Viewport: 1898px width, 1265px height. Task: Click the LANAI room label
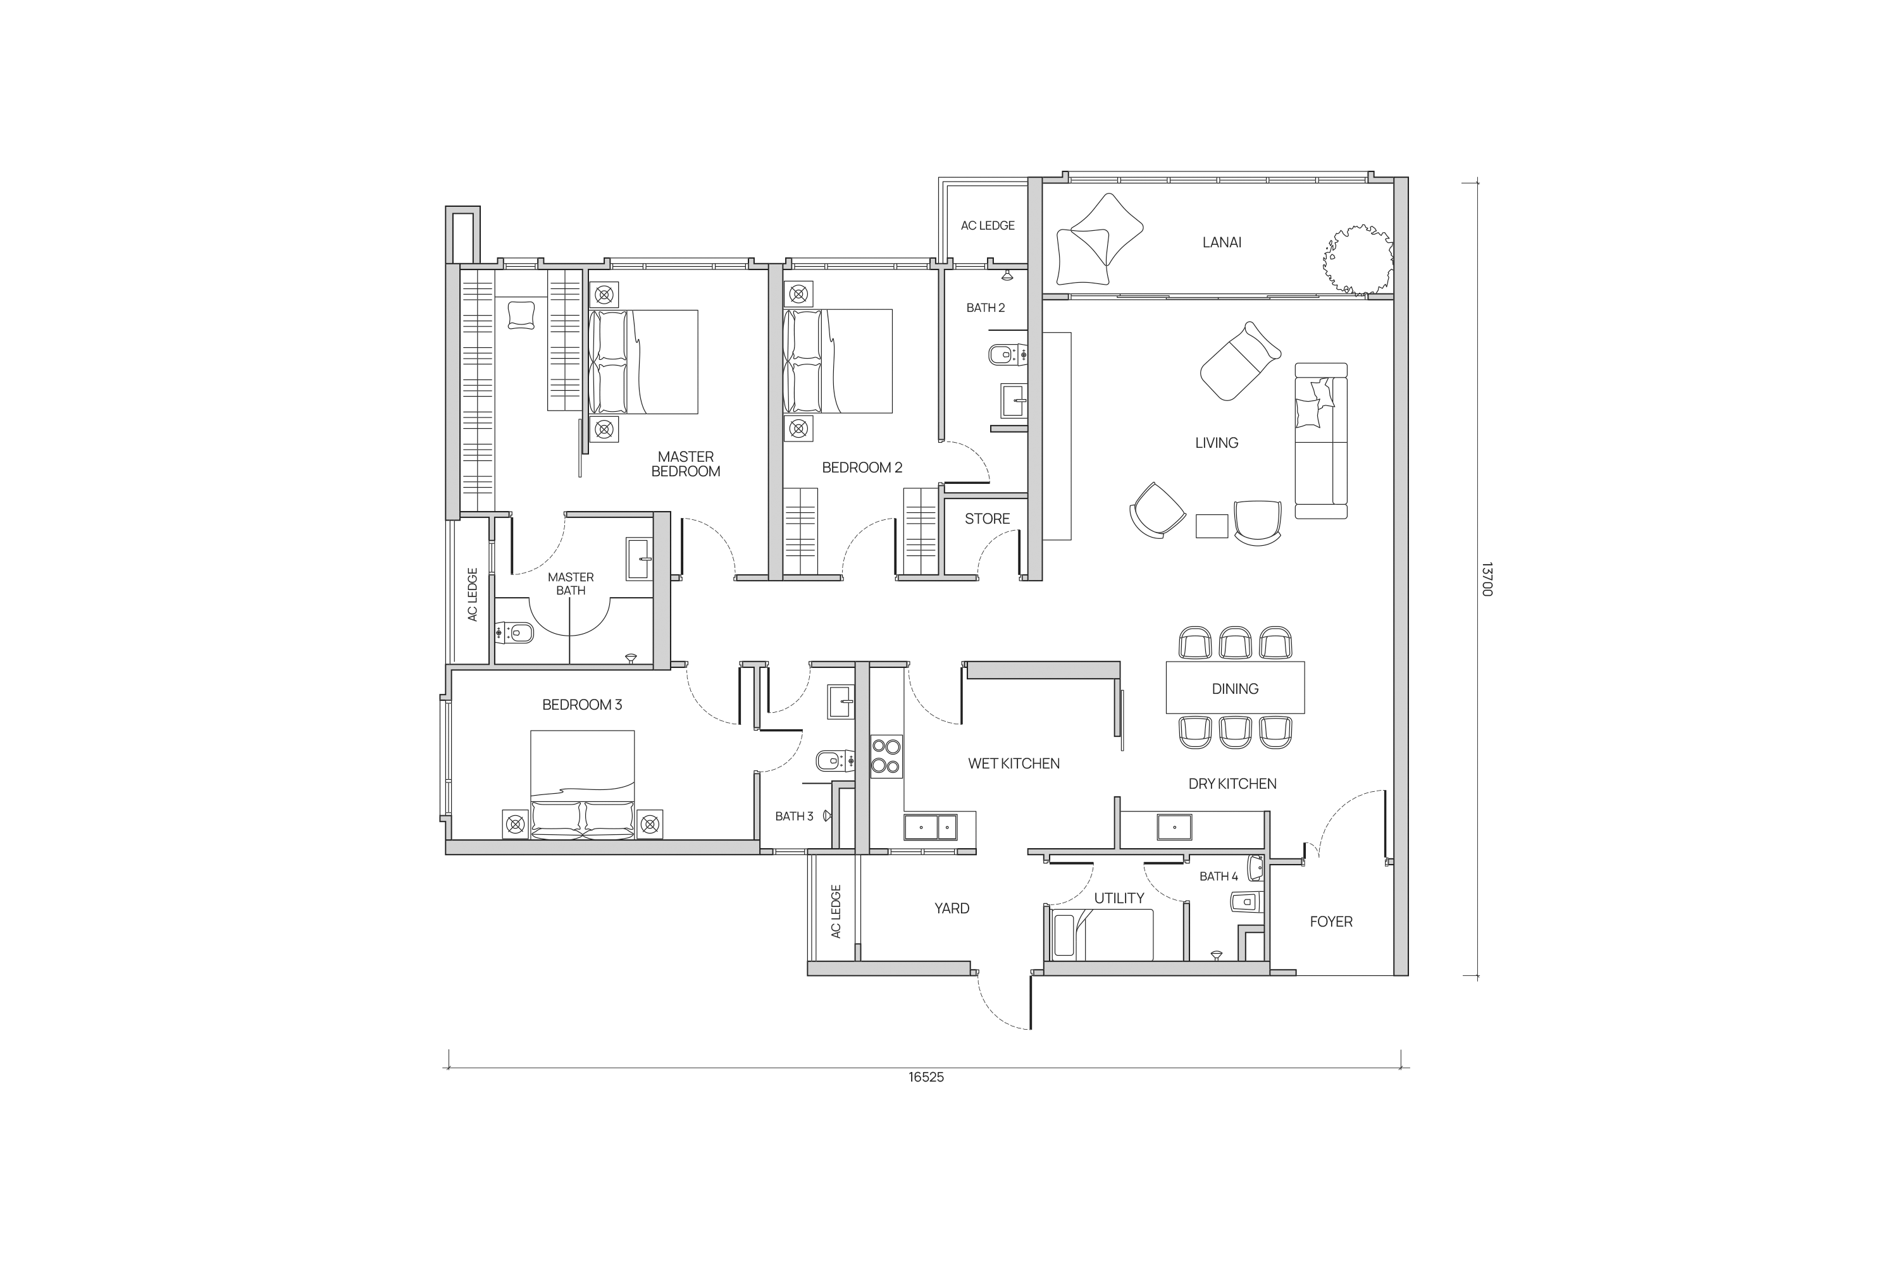[1222, 242]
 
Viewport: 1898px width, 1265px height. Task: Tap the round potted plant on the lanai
[1358, 259]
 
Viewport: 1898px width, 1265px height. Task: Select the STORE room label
[987, 519]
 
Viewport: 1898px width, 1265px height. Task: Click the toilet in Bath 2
[1008, 354]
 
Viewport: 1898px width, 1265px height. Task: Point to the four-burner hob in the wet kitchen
[886, 756]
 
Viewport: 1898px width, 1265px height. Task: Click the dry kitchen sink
[1174, 827]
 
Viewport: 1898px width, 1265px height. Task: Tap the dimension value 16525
[926, 1077]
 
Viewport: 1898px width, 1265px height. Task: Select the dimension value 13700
[1487, 579]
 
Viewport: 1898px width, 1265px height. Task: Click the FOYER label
[1330, 922]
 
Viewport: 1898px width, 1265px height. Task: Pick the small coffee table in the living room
[1212, 526]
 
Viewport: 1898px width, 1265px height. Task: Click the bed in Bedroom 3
[582, 784]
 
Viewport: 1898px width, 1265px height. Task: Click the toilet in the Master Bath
[514, 633]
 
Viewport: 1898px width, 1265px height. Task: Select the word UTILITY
[1119, 898]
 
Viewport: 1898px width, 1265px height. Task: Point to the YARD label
[952, 908]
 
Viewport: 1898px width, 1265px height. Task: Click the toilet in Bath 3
[835, 760]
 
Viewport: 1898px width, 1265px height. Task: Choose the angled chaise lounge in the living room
[1240, 361]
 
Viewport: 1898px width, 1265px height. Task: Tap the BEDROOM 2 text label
[862, 468]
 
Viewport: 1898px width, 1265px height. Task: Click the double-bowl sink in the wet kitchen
[931, 827]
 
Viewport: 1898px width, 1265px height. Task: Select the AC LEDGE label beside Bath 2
[987, 226]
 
